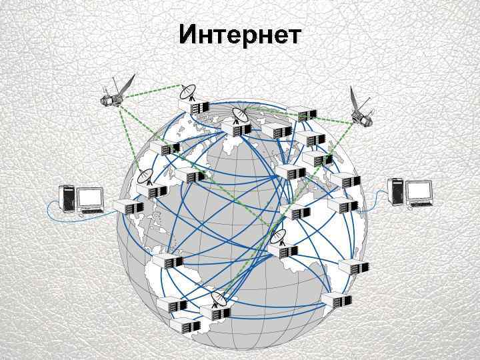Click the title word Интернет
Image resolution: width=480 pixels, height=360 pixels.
(x=239, y=35)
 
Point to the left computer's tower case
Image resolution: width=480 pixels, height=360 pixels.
(x=67, y=197)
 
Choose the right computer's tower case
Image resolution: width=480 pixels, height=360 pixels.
(x=397, y=190)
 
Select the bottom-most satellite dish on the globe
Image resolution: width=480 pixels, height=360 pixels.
(x=217, y=299)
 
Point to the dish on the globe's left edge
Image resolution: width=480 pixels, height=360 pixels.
(x=146, y=176)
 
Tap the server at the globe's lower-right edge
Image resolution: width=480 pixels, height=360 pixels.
(x=335, y=300)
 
